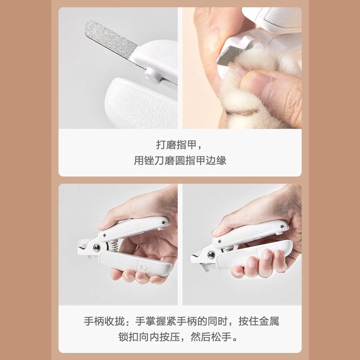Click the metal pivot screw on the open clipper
point(97,247)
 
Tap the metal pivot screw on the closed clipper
point(211,255)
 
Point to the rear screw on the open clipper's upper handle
point(164,222)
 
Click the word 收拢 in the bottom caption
point(115,321)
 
